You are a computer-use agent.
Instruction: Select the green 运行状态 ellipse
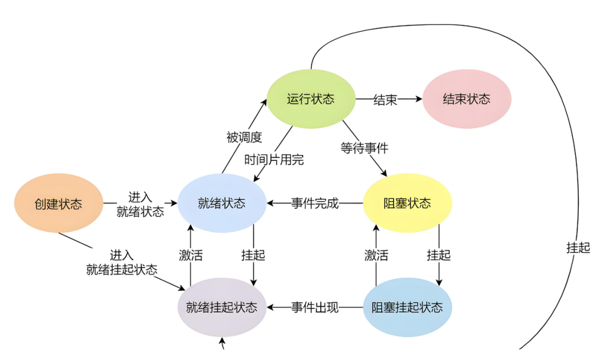pyautogui.click(x=311, y=99)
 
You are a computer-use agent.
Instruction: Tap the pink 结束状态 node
pyautogui.click(x=466, y=99)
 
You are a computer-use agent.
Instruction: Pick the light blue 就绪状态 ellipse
pyautogui.click(x=221, y=203)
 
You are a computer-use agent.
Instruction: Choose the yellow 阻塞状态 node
pyautogui.click(x=408, y=203)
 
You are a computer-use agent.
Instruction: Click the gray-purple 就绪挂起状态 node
pyautogui.click(x=222, y=307)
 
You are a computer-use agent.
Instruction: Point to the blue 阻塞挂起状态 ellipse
pyautogui.click(x=408, y=307)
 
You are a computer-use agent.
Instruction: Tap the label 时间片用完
pyautogui.click(x=275, y=160)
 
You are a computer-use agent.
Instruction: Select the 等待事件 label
pyautogui.click(x=364, y=148)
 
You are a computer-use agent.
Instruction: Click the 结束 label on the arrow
pyautogui.click(x=385, y=100)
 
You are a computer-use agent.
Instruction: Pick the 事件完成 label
pyautogui.click(x=315, y=203)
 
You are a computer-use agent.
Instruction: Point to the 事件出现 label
pyautogui.click(x=315, y=307)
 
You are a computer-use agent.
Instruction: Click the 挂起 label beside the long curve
pyautogui.click(x=578, y=248)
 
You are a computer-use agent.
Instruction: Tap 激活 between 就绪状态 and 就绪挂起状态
pyautogui.click(x=191, y=255)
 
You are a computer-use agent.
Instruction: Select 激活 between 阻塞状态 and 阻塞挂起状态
pyautogui.click(x=376, y=255)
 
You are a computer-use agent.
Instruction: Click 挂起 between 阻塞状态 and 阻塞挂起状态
pyautogui.click(x=439, y=255)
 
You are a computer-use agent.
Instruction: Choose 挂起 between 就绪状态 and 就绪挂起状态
pyautogui.click(x=253, y=255)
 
